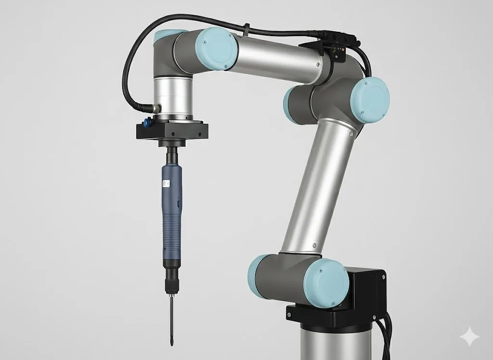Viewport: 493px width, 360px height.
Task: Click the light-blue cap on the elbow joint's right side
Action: (x=369, y=99)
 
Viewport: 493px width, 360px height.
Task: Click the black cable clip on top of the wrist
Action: (x=246, y=27)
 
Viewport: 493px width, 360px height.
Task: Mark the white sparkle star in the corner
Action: (x=469, y=337)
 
